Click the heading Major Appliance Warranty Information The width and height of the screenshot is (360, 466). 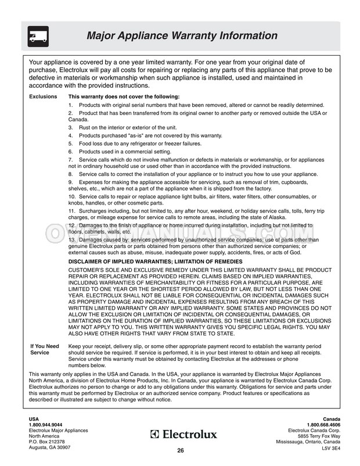[182, 36]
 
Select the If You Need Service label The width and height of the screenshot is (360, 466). [45, 349]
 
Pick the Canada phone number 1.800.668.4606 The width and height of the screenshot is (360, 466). [322, 425]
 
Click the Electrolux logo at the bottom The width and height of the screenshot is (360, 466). [183, 434]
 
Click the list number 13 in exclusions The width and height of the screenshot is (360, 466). [72, 239]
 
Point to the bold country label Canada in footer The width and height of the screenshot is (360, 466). [332, 419]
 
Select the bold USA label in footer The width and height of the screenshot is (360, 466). [34, 419]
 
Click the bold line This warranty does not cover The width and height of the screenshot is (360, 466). [124, 96]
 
